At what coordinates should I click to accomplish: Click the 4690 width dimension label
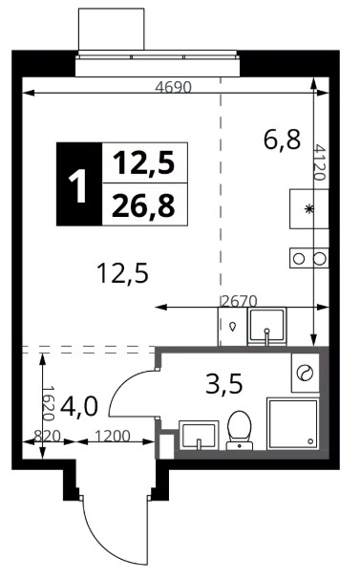tap(173, 88)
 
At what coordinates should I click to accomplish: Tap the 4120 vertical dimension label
tap(320, 162)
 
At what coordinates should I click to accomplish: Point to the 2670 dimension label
tap(240, 301)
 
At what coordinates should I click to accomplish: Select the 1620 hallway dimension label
tap(49, 403)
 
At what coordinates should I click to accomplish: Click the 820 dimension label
tap(47, 436)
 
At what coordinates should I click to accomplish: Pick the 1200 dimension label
tap(112, 436)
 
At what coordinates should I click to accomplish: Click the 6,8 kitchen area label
tap(282, 139)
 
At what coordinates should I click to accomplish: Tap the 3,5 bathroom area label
tap(224, 383)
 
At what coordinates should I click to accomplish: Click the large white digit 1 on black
tap(78, 183)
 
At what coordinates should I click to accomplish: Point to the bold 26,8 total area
tap(143, 205)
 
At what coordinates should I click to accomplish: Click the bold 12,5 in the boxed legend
tap(143, 162)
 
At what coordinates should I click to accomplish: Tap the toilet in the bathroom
tap(239, 431)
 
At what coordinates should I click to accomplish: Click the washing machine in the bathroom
tap(305, 373)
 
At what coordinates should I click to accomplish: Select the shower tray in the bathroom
tap(293, 424)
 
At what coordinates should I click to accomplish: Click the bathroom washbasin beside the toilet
tap(199, 435)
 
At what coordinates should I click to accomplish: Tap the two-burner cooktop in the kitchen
tap(309, 258)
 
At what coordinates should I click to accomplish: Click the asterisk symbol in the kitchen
tap(307, 209)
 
